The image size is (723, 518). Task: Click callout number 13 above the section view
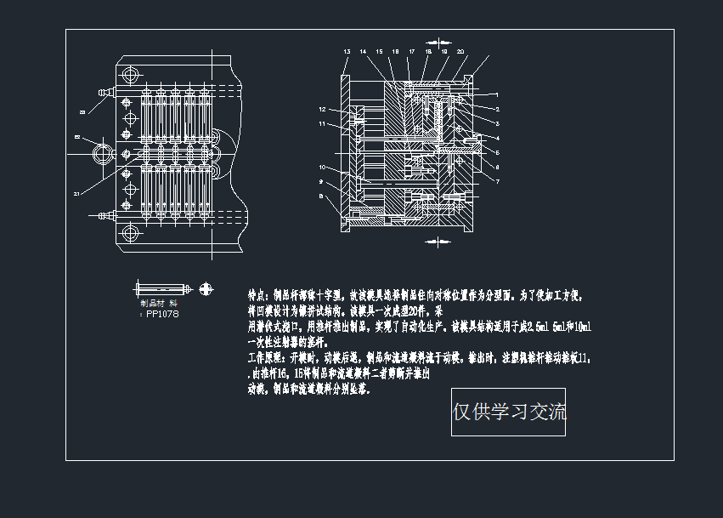(347, 52)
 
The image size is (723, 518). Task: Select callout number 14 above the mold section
(363, 52)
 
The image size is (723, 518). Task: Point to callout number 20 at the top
(460, 52)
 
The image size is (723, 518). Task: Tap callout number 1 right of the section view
(497, 94)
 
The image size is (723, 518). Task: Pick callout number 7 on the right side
(497, 181)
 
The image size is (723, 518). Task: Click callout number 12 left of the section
(323, 110)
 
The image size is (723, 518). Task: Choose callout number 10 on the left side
(323, 167)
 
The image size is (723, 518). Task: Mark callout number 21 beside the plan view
(76, 194)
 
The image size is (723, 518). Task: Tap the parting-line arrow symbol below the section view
(438, 243)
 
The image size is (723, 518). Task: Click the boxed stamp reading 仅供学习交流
(508, 413)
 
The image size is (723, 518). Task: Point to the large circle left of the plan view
(102, 154)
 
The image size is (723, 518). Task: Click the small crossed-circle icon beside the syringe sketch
(206, 289)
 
